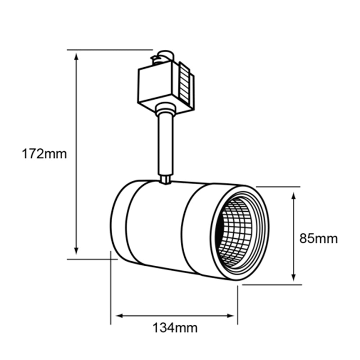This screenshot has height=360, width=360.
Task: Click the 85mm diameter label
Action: pyautogui.click(x=319, y=239)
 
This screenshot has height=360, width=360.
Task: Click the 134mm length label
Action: pyautogui.click(x=175, y=328)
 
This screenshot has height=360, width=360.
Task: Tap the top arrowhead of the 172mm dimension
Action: pyautogui.click(x=76, y=56)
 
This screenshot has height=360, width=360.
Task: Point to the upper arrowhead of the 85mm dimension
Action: pyautogui.click(x=294, y=196)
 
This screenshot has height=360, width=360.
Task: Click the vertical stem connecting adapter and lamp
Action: pyautogui.click(x=165, y=144)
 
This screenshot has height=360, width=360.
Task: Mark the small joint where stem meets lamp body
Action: pyautogui.click(x=166, y=179)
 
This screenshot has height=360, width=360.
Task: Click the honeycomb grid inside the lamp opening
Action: pyautogui.click(x=234, y=232)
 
